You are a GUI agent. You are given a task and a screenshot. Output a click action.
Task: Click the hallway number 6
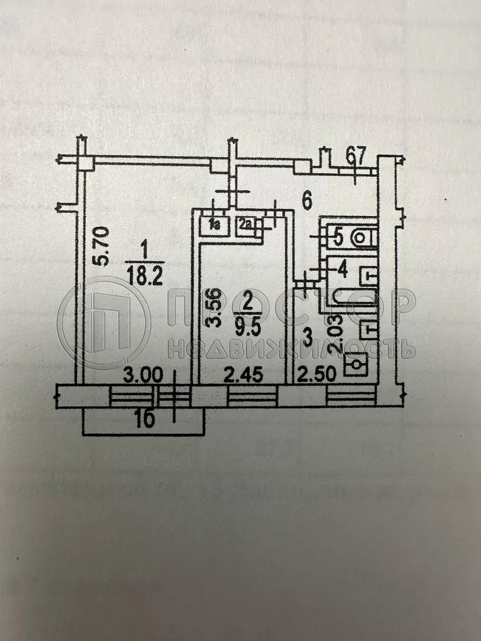[x=306, y=200]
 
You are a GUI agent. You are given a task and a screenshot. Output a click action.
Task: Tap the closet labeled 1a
[x=215, y=226]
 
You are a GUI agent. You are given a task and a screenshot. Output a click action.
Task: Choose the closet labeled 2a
[x=246, y=226]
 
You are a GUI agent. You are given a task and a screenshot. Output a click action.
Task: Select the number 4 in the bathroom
[x=342, y=270]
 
